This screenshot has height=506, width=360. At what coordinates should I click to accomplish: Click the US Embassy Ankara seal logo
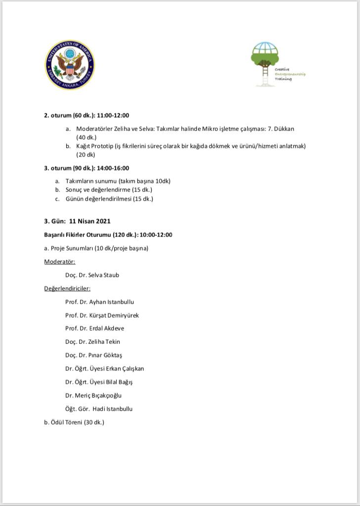pos(70,65)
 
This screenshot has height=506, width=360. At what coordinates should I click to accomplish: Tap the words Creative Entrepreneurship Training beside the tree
pos(290,74)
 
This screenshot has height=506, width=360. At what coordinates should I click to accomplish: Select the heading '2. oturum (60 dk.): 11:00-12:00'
pos(87,116)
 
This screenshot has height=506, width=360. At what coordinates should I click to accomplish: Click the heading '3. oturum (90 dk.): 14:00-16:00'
pos(87,168)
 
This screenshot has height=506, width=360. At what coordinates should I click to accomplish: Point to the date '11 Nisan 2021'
pos(90,221)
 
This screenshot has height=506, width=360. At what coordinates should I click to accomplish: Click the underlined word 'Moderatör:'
pos(59,261)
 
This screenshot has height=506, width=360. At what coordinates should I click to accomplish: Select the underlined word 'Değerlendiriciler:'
pos(67,289)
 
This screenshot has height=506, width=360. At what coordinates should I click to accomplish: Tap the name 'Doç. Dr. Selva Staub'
pos(92,275)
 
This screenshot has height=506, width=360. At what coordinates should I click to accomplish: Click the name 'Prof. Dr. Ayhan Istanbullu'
pos(99,302)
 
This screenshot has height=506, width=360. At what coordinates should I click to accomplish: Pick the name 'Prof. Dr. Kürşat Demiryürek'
pos(102,315)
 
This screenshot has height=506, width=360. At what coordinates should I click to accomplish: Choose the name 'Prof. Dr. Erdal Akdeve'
pos(94,329)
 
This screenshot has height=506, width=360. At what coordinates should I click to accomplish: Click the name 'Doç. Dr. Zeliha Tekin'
pos(92,342)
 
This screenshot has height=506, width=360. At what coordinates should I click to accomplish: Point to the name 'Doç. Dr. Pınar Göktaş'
pos(93,355)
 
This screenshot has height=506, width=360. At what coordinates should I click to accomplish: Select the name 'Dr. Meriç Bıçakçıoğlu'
pos(93,395)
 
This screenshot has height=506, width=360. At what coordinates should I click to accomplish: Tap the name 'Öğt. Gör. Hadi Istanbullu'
pos(98,409)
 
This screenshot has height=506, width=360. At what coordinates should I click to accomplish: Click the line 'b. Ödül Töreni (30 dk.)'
pos(74,422)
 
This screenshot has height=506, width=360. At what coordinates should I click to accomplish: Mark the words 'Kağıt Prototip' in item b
pos(94,146)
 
